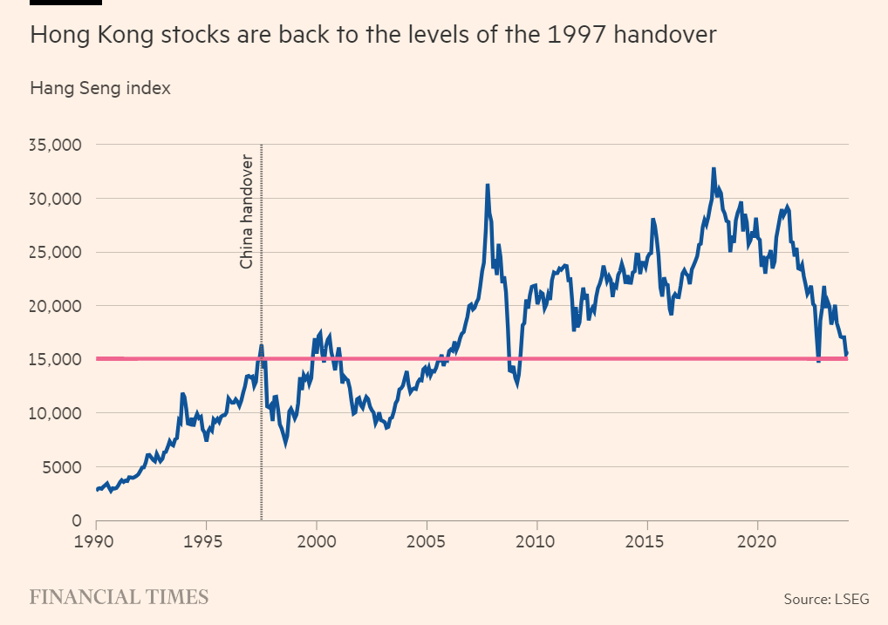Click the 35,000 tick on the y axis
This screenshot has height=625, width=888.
56,145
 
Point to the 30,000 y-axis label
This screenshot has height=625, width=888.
56,199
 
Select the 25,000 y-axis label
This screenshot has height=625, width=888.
56,253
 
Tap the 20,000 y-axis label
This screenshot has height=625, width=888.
56,306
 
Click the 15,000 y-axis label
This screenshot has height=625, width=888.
56,360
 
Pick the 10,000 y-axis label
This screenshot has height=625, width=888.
56,413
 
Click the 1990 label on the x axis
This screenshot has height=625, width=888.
96,540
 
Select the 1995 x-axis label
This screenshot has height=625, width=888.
206,540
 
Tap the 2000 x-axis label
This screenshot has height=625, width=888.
316,540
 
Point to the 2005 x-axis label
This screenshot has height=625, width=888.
427,540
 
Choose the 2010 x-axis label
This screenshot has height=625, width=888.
536,540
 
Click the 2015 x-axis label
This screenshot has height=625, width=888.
646,540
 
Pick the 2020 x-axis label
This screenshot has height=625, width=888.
757,540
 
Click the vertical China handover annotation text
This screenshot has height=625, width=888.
247,212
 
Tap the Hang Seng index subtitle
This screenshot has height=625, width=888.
100,88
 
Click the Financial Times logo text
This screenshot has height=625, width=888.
120,597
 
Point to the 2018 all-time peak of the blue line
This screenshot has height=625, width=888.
714,169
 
